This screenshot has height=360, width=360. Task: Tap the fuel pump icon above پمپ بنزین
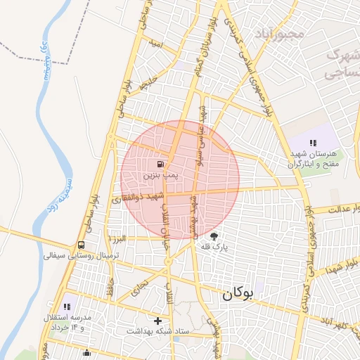(153, 159)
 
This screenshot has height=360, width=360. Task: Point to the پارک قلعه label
(215, 247)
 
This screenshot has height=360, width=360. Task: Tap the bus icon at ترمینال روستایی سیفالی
(82, 245)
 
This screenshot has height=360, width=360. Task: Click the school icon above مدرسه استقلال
(67, 307)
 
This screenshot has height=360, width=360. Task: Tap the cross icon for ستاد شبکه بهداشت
(157, 321)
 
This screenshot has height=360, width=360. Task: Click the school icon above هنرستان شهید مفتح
(312, 143)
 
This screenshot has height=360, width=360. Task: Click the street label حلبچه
(146, 85)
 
